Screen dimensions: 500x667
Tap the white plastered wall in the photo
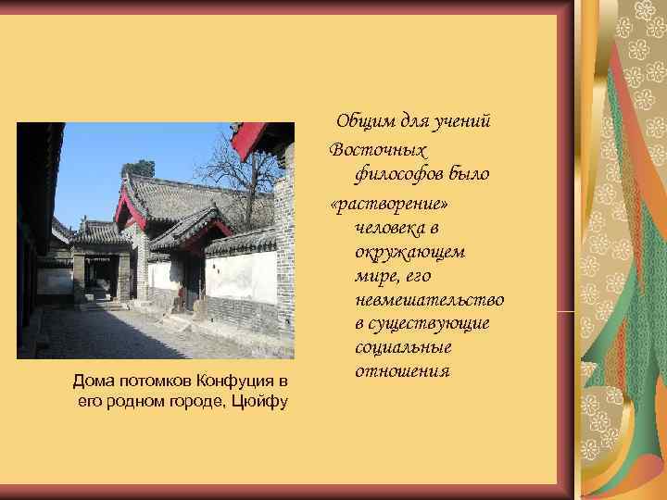point(245,277)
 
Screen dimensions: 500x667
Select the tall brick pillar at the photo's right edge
point(284,250)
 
